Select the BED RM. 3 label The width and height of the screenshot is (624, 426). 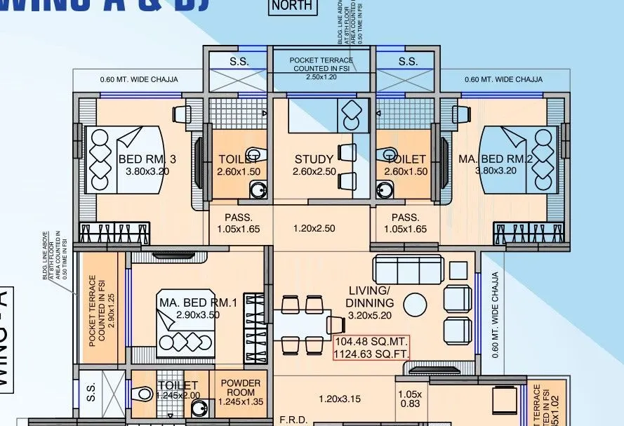click(147, 159)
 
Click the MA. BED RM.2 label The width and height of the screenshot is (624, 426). click(496, 159)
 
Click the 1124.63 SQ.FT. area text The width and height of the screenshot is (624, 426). click(371, 354)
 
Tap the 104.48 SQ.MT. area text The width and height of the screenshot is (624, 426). click(371, 342)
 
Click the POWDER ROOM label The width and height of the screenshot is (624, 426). click(241, 387)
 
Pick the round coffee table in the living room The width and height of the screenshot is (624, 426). click(415, 305)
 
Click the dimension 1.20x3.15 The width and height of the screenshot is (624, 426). click(340, 399)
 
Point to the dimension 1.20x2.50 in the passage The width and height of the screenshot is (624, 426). click(314, 229)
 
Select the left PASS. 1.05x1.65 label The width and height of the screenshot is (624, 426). click(238, 223)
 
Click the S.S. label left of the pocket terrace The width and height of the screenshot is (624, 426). click(239, 62)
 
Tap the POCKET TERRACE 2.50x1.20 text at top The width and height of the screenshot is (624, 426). click(321, 68)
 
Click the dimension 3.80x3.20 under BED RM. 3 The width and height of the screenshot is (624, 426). click(147, 171)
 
